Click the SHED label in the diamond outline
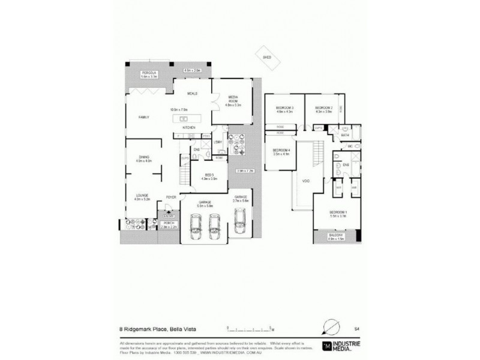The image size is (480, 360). [267, 57]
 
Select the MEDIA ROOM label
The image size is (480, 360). [233, 98]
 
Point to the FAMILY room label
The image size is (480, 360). [143, 116]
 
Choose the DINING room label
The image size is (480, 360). [143, 157]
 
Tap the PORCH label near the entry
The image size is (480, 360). [169, 223]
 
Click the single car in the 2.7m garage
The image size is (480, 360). [241, 223]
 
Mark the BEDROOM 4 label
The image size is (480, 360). [281, 150]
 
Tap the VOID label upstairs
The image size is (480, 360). [305, 180]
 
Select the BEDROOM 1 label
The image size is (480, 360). [337, 212]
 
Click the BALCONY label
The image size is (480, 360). [335, 235]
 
